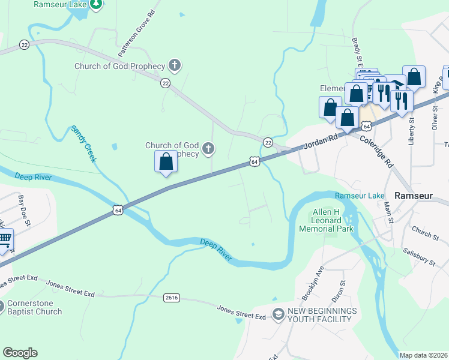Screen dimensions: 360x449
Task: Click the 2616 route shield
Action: pos(171,297)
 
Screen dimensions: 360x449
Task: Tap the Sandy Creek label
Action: pos(83,144)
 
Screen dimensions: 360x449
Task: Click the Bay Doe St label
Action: pos(25,211)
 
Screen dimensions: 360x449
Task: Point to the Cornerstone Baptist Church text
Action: pos(34,308)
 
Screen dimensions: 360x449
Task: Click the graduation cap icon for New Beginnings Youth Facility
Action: pos(278,314)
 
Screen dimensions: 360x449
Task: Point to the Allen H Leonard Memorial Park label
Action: pos(327,221)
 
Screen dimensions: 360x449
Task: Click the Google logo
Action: pos(20,353)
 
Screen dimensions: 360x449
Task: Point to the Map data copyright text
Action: pos(423,355)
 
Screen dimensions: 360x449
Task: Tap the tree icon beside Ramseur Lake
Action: pos(95,4)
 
